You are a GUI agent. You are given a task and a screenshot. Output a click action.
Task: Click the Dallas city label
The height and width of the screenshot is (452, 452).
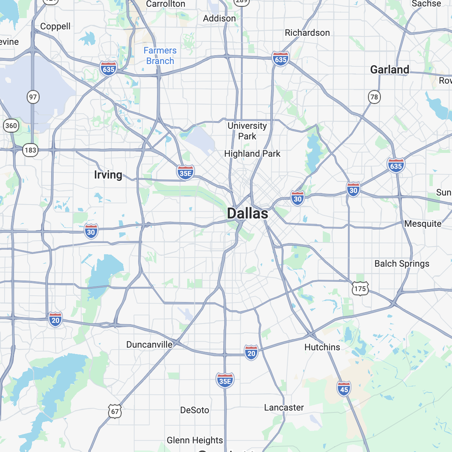coord(247,214)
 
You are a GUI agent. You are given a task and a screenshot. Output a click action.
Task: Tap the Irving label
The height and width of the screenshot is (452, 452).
coord(108,175)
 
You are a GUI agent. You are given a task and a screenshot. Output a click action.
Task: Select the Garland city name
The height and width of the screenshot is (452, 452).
coord(389,70)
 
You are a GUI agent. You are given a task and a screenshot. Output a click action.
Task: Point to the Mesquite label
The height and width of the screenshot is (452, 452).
coord(423,224)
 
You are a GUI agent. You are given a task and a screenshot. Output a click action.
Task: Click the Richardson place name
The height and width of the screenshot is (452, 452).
coord(307,33)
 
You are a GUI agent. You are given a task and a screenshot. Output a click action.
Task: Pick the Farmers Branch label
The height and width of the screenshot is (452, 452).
coord(160,56)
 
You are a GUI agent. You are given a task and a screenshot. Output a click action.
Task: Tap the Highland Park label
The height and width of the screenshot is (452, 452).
coord(252,154)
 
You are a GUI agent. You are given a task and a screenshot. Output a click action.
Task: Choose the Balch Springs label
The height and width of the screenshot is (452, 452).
coord(402,264)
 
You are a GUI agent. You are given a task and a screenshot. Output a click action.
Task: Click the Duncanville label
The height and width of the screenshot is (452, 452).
coord(149,345)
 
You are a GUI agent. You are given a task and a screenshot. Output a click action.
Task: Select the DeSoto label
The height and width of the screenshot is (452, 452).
coord(194,410)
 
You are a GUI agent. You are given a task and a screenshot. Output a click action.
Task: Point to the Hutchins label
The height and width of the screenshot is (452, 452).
coord(322,347)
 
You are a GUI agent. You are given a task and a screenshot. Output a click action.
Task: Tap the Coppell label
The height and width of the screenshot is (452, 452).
coord(55,26)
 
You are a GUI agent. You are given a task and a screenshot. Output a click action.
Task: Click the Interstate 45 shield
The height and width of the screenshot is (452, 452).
coord(344,389)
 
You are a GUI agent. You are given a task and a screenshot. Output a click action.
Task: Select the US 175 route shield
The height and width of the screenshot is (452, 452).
coord(360,289)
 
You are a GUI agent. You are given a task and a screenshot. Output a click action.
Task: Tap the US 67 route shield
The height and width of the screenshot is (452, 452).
coord(115,411)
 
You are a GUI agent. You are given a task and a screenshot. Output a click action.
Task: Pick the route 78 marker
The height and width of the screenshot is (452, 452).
coord(374,97)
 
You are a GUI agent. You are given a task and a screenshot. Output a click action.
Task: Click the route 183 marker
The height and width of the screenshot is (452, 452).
coord(30,150)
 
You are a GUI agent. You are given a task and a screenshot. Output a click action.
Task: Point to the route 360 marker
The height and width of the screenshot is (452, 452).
coord(11,125)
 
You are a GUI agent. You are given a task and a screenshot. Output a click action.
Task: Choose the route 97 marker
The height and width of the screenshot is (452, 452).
coord(33,97)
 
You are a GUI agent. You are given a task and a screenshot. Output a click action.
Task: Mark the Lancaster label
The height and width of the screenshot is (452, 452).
coord(284,408)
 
